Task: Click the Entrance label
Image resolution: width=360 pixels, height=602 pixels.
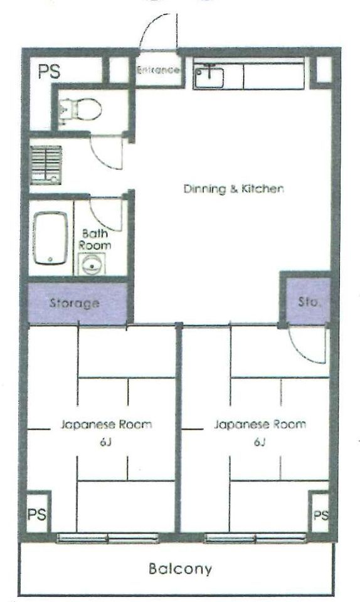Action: [158, 70]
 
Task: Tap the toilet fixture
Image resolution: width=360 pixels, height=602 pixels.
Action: [81, 109]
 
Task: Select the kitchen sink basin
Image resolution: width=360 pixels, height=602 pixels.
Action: [209, 78]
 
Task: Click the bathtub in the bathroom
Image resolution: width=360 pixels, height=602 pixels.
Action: [50, 238]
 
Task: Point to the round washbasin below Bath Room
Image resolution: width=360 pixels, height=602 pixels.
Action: [92, 264]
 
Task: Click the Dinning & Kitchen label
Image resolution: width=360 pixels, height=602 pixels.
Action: [234, 189]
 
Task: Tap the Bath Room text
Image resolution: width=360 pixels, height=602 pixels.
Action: [95, 239]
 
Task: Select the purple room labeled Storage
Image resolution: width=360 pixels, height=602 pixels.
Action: [78, 304]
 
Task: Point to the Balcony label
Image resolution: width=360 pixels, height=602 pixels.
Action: [180, 569]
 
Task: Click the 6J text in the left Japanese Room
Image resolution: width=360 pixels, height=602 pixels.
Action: [105, 443]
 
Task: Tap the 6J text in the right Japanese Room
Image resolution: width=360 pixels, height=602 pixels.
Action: [260, 443]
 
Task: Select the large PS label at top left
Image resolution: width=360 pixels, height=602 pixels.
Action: [49, 71]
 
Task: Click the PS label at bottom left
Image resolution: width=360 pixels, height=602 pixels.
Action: [37, 514]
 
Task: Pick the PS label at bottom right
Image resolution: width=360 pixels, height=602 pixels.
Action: [321, 515]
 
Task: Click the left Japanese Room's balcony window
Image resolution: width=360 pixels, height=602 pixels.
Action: [108, 538]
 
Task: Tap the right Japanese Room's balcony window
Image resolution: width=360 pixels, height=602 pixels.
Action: [255, 538]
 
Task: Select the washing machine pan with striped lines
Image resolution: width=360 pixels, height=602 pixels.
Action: [46, 165]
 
